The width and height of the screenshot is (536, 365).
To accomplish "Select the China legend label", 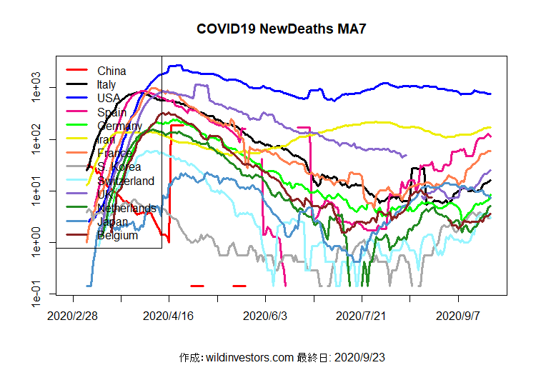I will pyautogui.click(x=111, y=71).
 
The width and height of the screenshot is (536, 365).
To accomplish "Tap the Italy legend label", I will pyautogui.click(x=106, y=84).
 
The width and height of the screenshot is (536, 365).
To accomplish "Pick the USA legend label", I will pyautogui.click(x=109, y=98).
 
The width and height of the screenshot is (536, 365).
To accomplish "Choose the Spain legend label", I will pyautogui.click(x=111, y=112).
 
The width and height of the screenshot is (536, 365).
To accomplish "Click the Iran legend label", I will pyautogui.click(x=106, y=139).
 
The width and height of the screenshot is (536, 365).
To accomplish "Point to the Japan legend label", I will pyautogui.click(x=111, y=221).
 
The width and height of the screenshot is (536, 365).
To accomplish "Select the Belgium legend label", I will pyautogui.click(x=117, y=235).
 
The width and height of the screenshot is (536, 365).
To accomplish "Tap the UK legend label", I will pyautogui.click(x=105, y=194).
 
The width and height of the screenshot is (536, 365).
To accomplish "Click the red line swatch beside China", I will pyautogui.click(x=76, y=71).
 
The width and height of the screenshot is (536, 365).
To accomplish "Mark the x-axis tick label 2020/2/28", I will pyautogui.click(x=73, y=315).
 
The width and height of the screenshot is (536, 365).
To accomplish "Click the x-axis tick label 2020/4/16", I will pyautogui.click(x=169, y=315).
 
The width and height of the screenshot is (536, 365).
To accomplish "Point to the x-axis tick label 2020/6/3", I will pyautogui.click(x=266, y=315).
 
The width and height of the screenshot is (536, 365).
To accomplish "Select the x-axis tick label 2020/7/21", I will pyautogui.click(x=362, y=315).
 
